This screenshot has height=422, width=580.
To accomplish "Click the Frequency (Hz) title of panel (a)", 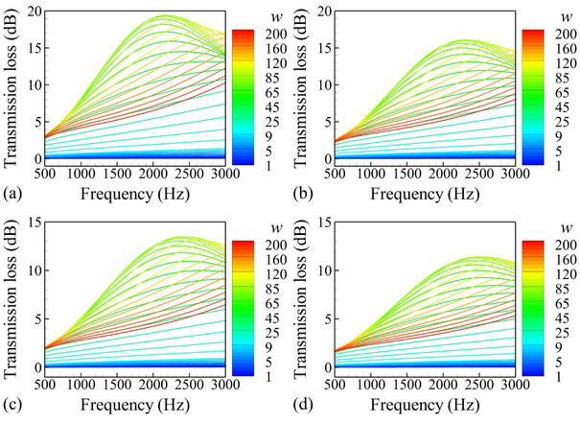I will (x=127, y=193).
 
